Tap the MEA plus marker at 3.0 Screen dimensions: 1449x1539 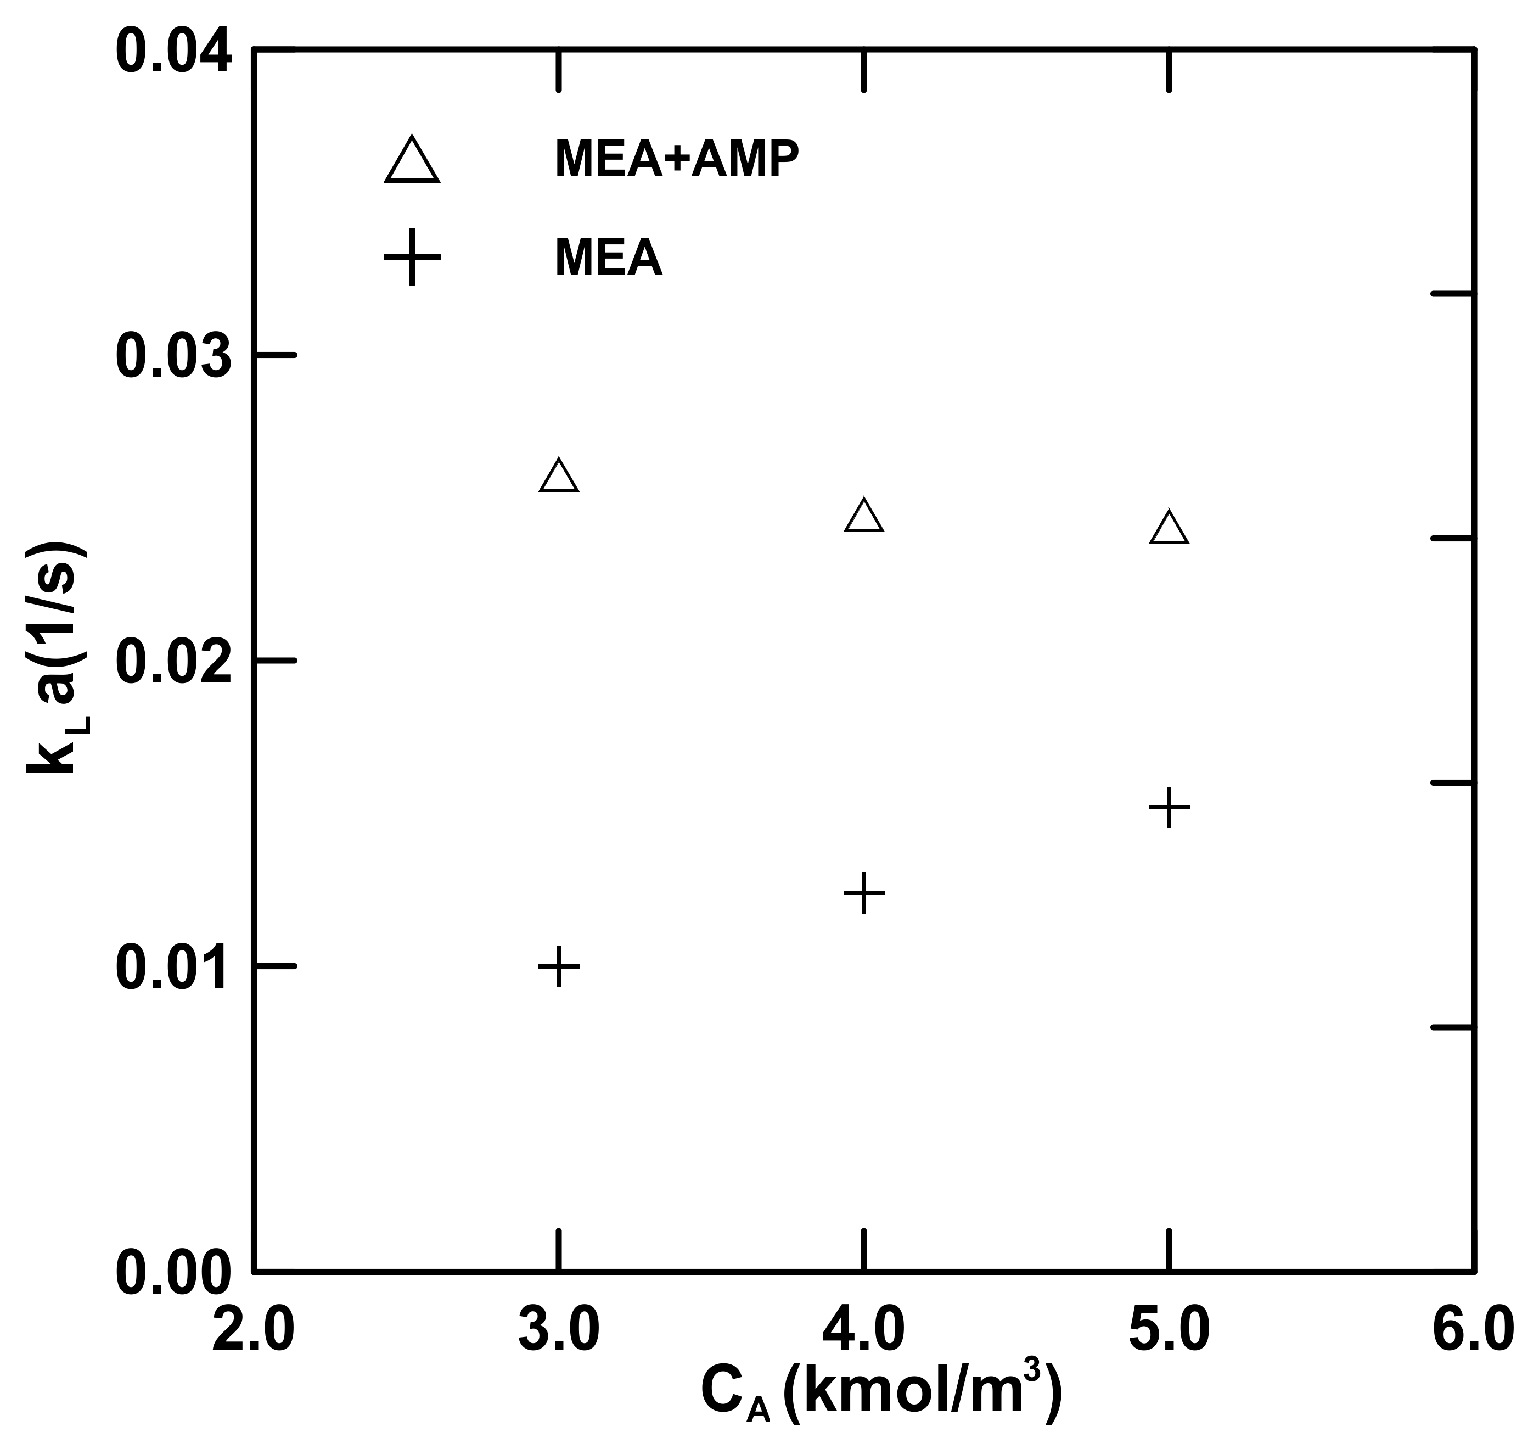click(x=558, y=966)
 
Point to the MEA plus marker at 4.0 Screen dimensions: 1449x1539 click(x=864, y=893)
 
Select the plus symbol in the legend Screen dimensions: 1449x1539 click(x=413, y=257)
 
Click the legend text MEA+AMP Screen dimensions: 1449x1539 click(x=676, y=160)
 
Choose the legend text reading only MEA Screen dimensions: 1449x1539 click(x=609, y=258)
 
